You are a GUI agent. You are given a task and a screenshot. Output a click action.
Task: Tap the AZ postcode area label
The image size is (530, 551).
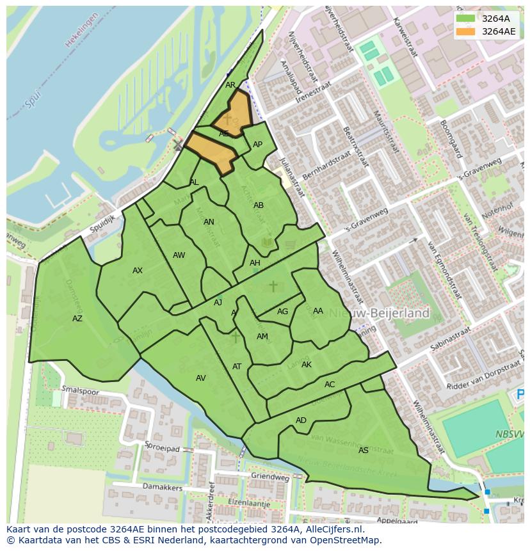coord(77,319)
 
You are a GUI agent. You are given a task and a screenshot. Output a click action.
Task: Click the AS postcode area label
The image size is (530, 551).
coord(364,451)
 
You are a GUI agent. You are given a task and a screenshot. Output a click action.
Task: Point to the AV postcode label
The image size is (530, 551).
coord(201,378)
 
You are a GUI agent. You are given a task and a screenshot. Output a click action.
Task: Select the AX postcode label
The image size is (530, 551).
coord(138,271)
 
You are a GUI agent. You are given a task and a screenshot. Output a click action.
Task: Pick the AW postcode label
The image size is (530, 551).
coord(179,255)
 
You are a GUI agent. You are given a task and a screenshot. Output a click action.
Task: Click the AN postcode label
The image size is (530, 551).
coord(209,223)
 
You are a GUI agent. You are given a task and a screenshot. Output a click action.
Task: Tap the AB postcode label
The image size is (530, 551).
coord(259,205)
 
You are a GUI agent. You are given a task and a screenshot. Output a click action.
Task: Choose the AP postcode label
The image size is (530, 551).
coord(257,145)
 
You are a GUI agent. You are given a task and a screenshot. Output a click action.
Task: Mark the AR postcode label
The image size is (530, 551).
coord(230,85)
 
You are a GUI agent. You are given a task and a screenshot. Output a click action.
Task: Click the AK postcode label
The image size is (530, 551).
coord(307,365)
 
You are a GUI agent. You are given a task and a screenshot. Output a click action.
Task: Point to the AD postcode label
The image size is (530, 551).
coord(301,420)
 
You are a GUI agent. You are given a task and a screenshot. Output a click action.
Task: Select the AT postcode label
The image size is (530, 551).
coord(237,367)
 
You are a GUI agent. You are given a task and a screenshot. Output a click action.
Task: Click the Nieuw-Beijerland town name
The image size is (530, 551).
coord(384,314)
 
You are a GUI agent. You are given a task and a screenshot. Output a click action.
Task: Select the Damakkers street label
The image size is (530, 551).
coord(163,488)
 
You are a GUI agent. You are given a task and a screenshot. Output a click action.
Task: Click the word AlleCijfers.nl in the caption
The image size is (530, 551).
coord(332,529)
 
